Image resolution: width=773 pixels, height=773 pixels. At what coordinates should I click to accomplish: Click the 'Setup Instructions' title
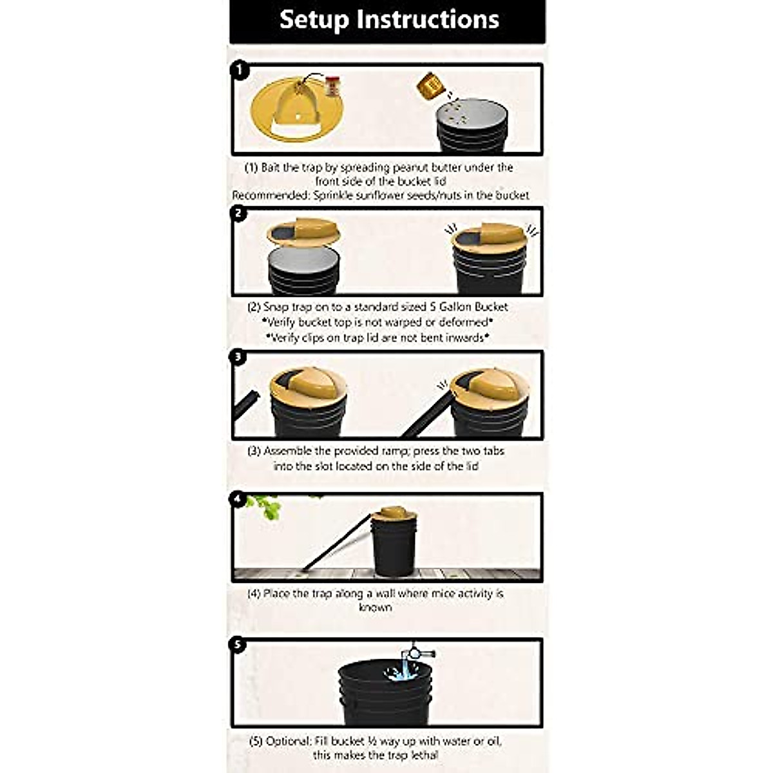tap(389, 19)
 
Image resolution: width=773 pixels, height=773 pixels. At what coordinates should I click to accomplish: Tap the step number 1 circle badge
tap(239, 70)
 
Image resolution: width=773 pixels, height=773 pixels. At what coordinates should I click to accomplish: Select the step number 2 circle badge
tap(239, 213)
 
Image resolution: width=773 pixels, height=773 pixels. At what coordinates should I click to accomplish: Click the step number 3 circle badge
tap(239, 356)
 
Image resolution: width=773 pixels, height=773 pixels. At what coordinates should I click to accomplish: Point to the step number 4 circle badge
tap(239, 499)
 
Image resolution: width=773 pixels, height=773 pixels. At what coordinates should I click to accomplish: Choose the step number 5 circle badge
tap(239, 644)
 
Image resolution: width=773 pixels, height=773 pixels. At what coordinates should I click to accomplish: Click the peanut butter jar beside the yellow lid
tap(332, 86)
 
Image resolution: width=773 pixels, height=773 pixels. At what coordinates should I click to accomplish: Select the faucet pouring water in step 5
tap(419, 653)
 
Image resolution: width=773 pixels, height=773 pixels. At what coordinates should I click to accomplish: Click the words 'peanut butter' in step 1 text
tap(416, 167)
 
